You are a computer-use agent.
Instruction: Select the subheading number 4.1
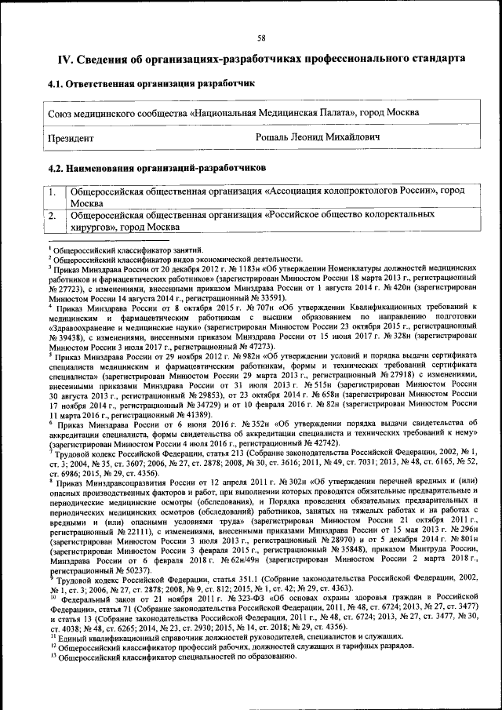[56, 83]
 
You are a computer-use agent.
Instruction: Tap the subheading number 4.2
[56, 167]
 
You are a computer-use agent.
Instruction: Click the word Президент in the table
[71, 137]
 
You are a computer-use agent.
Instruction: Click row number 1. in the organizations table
[53, 191]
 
